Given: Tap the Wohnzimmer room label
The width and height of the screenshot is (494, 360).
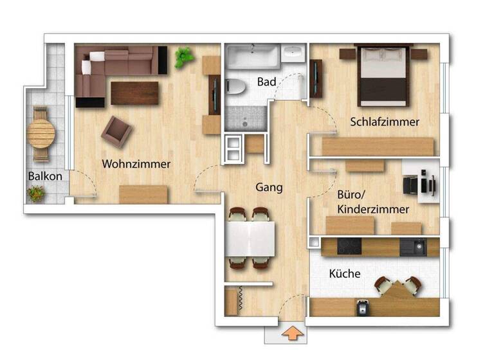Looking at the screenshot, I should pyautogui.click(x=136, y=164).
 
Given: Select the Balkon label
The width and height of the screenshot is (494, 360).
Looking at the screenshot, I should pyautogui.click(x=45, y=176).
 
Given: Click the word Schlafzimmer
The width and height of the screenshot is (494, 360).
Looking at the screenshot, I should pyautogui.click(x=385, y=122).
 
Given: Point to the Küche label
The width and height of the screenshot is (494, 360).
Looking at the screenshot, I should pyautogui.click(x=345, y=274).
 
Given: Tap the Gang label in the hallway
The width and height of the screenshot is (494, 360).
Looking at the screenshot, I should pyautogui.click(x=270, y=187).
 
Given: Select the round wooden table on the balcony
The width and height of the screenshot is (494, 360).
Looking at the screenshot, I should pyautogui.click(x=41, y=135).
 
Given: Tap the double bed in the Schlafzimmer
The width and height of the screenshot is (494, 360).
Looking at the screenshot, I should pyautogui.click(x=384, y=75).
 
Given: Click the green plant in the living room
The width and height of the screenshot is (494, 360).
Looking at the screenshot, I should pyautogui.click(x=184, y=58).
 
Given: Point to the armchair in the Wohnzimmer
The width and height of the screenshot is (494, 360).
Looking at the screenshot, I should pyautogui.click(x=116, y=131).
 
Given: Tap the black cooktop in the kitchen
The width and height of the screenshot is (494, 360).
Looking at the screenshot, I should pyautogui.click(x=350, y=247).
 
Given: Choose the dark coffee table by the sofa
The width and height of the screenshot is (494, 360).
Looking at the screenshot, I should pyautogui.click(x=134, y=93).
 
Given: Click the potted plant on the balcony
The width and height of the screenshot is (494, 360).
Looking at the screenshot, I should pyautogui.click(x=37, y=193).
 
